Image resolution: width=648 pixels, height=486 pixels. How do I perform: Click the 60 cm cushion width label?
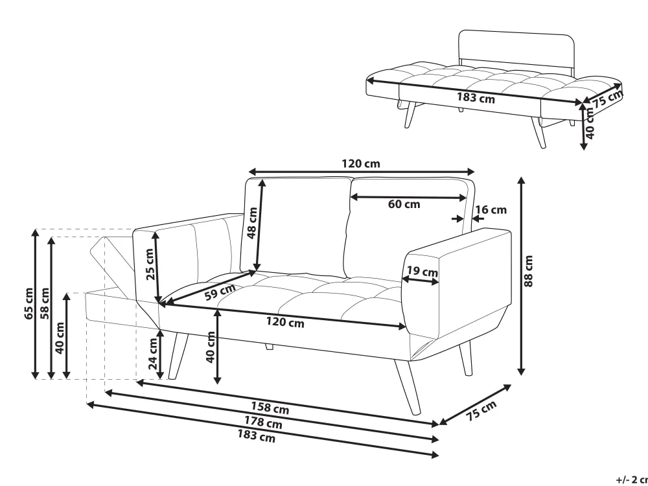[x=404, y=204]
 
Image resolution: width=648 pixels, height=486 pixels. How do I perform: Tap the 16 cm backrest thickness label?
[x=491, y=210]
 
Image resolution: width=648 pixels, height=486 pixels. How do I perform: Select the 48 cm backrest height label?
[x=252, y=223]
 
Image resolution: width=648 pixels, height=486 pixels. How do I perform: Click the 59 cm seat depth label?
[x=220, y=292]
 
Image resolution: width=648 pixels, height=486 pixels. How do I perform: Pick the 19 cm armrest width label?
[x=422, y=272]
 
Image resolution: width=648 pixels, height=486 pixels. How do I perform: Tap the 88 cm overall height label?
[x=529, y=271]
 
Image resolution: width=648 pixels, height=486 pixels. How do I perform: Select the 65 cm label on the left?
[x=29, y=303]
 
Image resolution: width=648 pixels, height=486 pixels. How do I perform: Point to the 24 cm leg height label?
[x=153, y=354]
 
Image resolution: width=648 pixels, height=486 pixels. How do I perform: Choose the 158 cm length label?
[x=270, y=408]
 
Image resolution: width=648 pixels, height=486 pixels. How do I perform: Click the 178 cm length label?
[x=263, y=422]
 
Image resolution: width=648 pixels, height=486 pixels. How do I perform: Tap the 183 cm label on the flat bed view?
[x=476, y=98]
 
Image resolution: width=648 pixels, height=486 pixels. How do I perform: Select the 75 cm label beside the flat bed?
[x=608, y=98]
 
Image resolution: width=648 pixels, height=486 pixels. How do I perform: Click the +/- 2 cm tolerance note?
[x=632, y=480]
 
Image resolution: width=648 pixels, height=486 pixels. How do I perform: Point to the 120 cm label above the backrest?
[x=361, y=164]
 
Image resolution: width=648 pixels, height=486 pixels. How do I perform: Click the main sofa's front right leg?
[x=408, y=386]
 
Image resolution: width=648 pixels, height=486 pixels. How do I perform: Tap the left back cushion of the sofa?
[x=296, y=226]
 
